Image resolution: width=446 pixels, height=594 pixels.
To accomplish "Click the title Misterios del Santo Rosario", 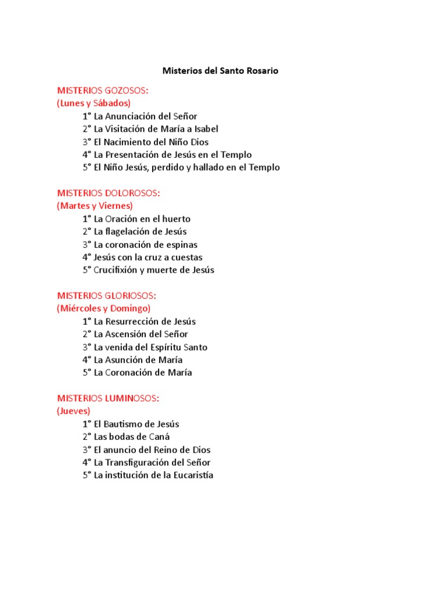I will tap(220, 71).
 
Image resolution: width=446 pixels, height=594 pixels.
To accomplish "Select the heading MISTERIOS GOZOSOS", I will tap(102, 90).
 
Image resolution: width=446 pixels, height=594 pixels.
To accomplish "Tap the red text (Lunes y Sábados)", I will tap(93, 103).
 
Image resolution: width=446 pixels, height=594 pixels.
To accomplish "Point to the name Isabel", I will tap(204, 129).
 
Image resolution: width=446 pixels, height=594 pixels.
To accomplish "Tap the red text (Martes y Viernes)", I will tap(95, 205).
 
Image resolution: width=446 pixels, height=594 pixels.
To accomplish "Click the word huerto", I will tap(177, 219).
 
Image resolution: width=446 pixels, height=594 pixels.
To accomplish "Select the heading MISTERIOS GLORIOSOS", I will tap(106, 295).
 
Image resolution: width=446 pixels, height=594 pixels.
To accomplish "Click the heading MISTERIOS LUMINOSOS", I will tap(108, 398).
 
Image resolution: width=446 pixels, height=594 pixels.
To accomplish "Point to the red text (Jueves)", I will tap(74, 411).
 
